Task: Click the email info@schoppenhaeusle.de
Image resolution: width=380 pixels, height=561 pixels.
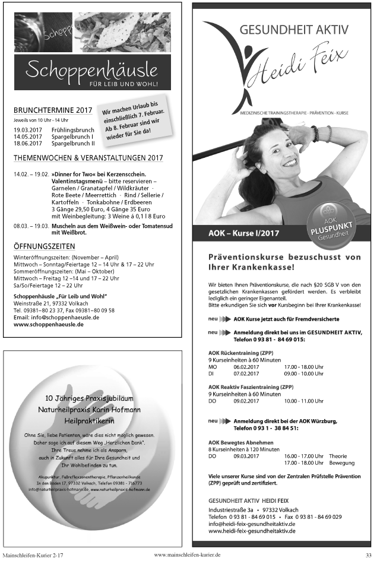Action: [x=56, y=318]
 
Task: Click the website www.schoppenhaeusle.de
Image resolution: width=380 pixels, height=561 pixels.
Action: [x=48, y=325]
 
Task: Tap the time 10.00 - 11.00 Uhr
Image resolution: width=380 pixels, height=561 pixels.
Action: [x=303, y=401]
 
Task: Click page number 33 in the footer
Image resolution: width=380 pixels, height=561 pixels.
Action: [x=368, y=554]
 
